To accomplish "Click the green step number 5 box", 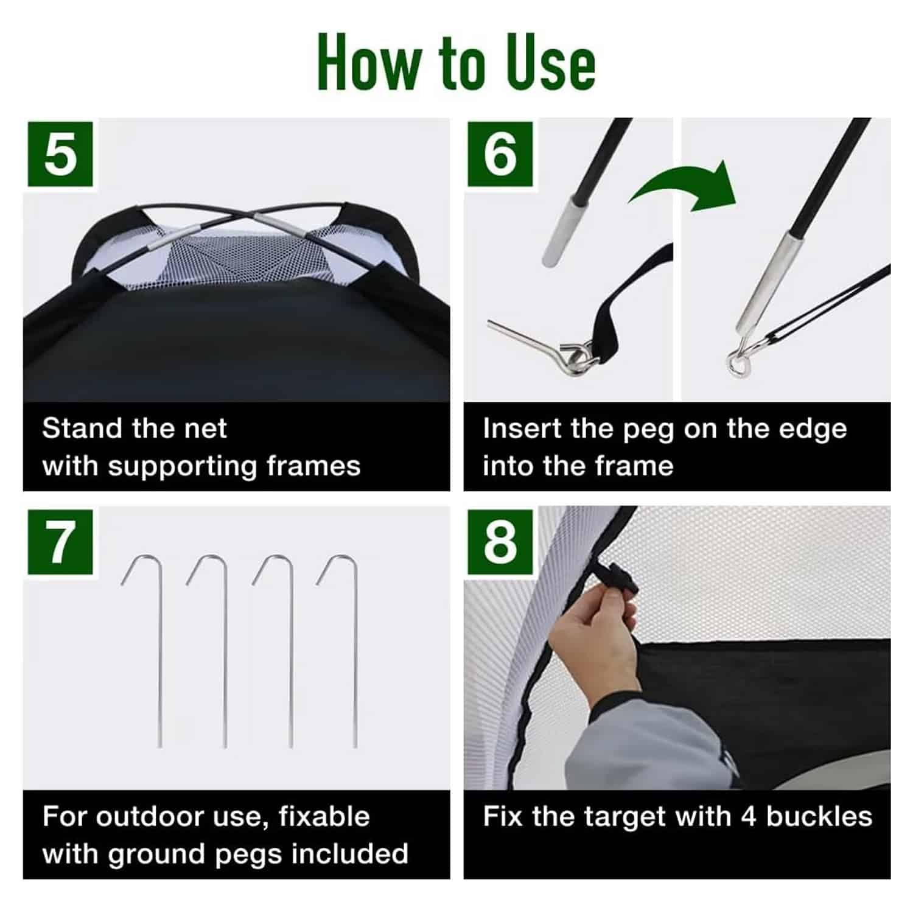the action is click(x=60, y=154).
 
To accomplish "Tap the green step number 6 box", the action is click(x=500, y=154).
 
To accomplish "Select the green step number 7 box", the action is click(x=60, y=542).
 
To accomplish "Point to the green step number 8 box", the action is click(x=500, y=542).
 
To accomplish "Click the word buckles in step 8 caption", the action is click(x=819, y=817).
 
